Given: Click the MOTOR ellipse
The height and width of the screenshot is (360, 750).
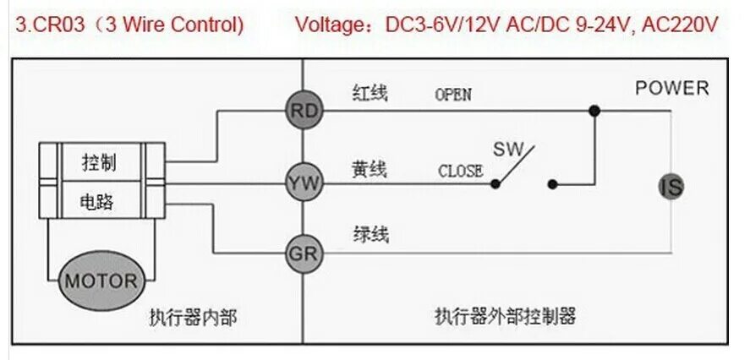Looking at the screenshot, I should pos(101,280).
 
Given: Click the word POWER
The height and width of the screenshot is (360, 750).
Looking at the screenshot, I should pos(672,88).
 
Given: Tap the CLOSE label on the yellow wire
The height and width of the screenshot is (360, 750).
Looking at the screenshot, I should pos(460,171).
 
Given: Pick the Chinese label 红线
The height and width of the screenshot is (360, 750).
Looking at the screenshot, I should pos(369,93).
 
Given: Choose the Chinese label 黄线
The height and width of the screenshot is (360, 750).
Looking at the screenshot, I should pos(369,169).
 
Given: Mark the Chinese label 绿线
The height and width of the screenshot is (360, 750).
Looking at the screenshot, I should pos(370,234).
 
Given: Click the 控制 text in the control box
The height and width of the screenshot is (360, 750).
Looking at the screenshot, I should pos(99,162).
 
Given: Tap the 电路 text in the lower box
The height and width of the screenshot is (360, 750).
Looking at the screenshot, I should pos(97,201).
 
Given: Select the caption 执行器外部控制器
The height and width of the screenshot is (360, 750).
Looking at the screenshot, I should pos(505,317).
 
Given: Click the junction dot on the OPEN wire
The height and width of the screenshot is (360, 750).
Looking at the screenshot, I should pos(594,110).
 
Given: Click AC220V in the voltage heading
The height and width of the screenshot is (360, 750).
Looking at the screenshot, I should pos(680,25).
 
